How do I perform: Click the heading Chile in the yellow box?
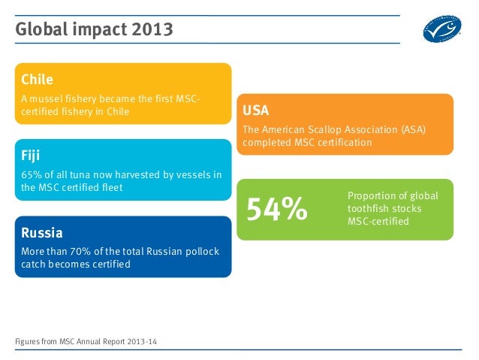(x=37, y=79)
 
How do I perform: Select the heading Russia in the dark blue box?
(x=42, y=232)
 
